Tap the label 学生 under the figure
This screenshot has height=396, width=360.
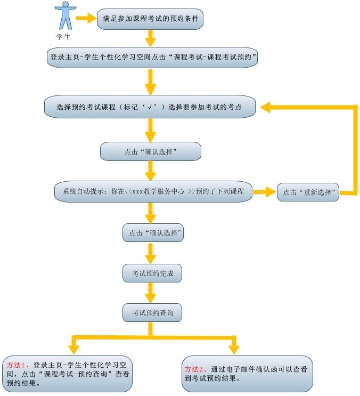63,37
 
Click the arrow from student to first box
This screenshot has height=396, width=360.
85,19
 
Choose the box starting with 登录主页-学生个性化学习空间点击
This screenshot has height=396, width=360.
152,57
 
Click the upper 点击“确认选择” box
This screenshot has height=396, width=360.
150,152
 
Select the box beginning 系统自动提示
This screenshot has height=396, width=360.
153,191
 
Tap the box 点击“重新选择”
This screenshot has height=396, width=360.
308,192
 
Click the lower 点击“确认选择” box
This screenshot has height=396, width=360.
153,233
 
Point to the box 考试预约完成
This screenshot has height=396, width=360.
152,273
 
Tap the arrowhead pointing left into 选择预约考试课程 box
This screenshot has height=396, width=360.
266,107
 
